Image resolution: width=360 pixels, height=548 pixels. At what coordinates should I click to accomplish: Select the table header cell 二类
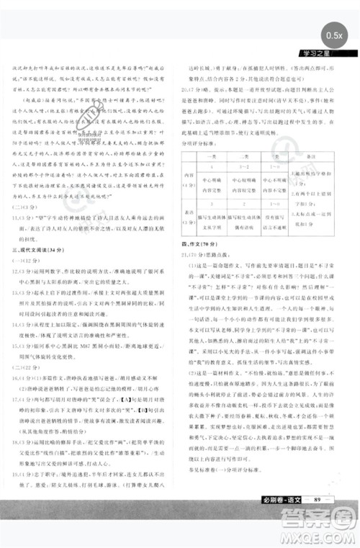pyautogui.click(x=245, y=156)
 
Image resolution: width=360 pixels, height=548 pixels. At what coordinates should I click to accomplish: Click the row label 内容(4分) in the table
pyautogui.click(x=189, y=181)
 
